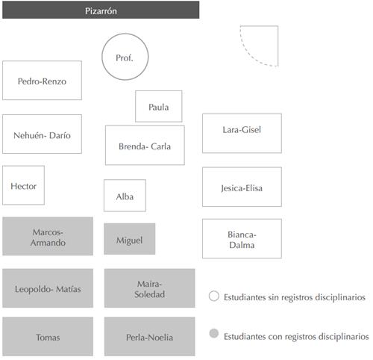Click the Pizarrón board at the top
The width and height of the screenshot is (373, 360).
coord(101,10)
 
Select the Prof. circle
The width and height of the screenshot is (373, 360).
coord(125,57)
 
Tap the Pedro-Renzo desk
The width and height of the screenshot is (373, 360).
coord(42,81)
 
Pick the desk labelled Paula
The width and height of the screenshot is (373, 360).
coord(159,106)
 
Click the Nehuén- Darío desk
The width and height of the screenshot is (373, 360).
coord(42,134)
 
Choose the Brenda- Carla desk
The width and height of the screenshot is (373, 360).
coord(145,146)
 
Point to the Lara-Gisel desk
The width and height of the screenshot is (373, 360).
coord(242,133)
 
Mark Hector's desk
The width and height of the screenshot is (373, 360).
coord(23,185)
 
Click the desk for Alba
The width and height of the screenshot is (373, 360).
coord(125,196)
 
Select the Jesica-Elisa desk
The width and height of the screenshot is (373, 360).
coord(242,187)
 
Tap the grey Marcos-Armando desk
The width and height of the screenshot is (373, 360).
coord(48,236)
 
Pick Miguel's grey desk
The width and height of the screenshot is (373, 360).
coord(130,239)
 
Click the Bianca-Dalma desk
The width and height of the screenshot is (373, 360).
coord(242,238)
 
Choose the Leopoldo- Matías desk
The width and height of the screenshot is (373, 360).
coord(48,288)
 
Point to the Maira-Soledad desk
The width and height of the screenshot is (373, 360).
coord(150,288)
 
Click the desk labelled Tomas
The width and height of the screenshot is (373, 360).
coord(48,336)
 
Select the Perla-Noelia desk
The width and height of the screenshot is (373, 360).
coord(150,336)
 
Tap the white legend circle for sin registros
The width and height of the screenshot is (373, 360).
coord(214,296)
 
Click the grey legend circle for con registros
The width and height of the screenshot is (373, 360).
coord(214,333)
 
